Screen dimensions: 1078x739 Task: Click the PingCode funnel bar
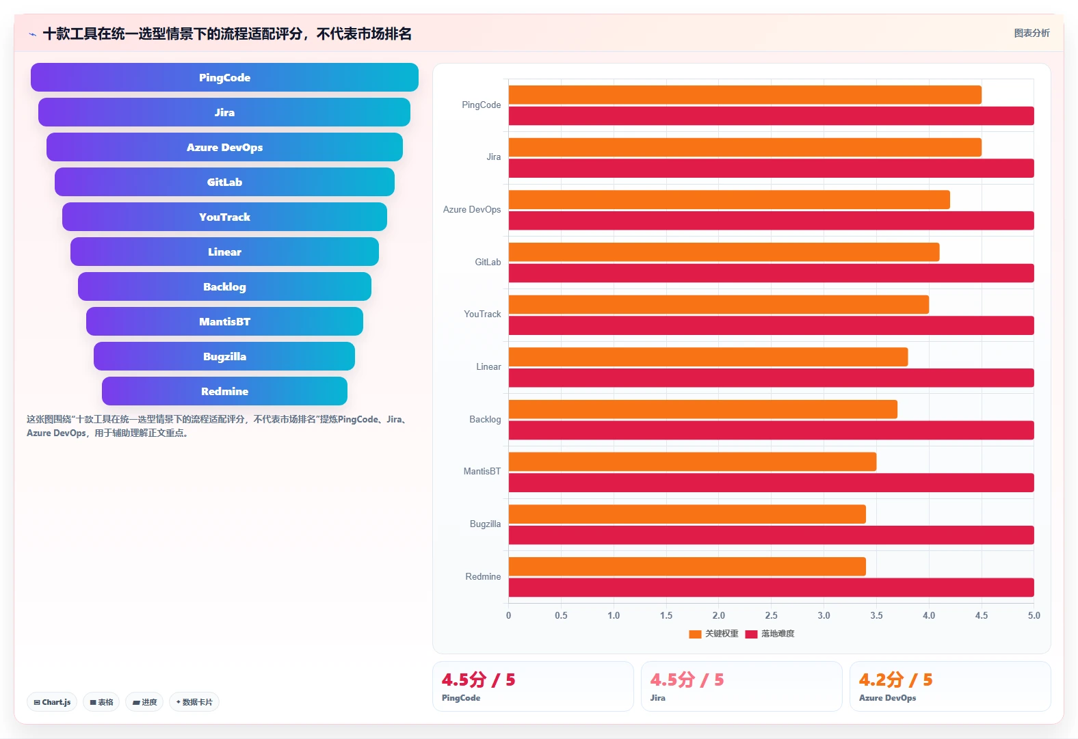pyautogui.click(x=224, y=77)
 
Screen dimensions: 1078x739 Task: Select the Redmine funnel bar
pyautogui.click(x=224, y=391)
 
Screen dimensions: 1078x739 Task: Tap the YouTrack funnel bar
pyautogui.click(x=224, y=217)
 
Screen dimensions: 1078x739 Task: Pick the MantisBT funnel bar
pyautogui.click(x=224, y=321)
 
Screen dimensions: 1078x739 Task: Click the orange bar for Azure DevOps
pyautogui.click(x=729, y=200)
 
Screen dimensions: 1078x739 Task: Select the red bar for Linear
pyautogui.click(x=771, y=377)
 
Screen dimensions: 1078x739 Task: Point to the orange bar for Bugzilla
pyautogui.click(x=687, y=514)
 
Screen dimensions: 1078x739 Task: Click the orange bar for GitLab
pyautogui.click(x=724, y=252)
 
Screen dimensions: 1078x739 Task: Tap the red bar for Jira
pyautogui.click(x=771, y=168)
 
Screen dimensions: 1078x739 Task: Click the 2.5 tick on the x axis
pyautogui.click(x=771, y=615)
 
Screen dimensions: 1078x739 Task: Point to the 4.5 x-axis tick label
pyautogui.click(x=982, y=615)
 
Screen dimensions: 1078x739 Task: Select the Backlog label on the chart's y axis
pyautogui.click(x=485, y=419)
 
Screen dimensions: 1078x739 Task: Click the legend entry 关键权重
pyautogui.click(x=713, y=634)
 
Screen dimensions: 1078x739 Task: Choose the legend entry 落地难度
pyautogui.click(x=770, y=634)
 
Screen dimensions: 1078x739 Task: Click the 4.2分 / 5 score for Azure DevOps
pyautogui.click(x=895, y=680)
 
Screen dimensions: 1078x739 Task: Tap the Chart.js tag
pyautogui.click(x=52, y=702)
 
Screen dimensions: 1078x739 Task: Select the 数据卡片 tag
pyautogui.click(x=194, y=702)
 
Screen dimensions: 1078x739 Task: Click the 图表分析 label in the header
pyautogui.click(x=1031, y=33)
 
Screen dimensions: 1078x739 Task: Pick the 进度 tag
pyautogui.click(x=144, y=702)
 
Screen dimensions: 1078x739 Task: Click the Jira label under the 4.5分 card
pyautogui.click(x=657, y=697)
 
